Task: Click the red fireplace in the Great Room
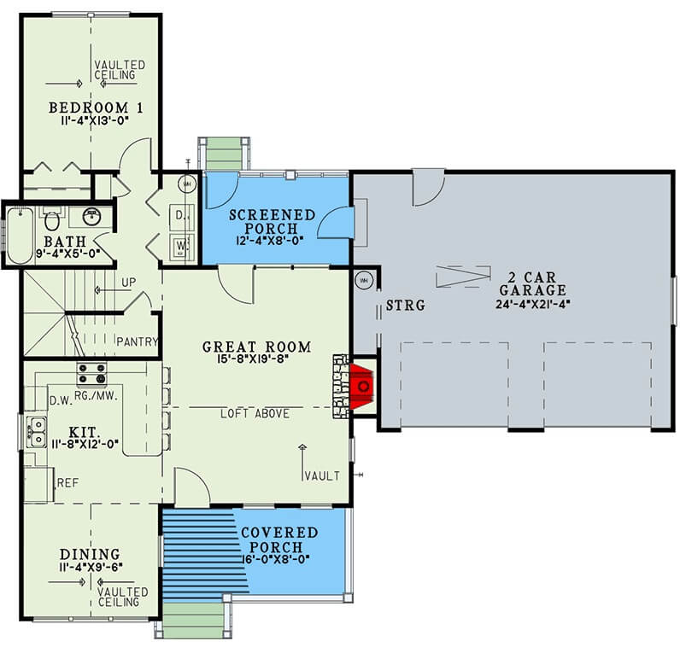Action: pyautogui.click(x=361, y=386)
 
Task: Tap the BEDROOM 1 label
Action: pyautogui.click(x=96, y=108)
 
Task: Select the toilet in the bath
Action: pyautogui.click(x=52, y=219)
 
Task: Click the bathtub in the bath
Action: pyautogui.click(x=20, y=236)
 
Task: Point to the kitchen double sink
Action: pyautogui.click(x=37, y=432)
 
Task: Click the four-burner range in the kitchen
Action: pyautogui.click(x=91, y=374)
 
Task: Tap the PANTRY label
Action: pyautogui.click(x=137, y=342)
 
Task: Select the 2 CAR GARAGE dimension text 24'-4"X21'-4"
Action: pyautogui.click(x=532, y=304)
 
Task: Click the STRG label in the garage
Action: pyautogui.click(x=406, y=306)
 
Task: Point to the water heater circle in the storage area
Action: pyautogui.click(x=364, y=281)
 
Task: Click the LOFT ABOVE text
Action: pyautogui.click(x=255, y=414)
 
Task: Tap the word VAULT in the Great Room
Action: pyautogui.click(x=322, y=476)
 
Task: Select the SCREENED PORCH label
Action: pyautogui.click(x=272, y=221)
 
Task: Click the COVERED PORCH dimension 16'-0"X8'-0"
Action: pyautogui.click(x=275, y=559)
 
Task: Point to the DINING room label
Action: pyautogui.click(x=90, y=554)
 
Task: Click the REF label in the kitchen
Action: pyautogui.click(x=68, y=483)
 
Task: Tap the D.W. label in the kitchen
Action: pyautogui.click(x=61, y=401)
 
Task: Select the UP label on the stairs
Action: pyautogui.click(x=128, y=283)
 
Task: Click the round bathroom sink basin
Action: pyautogui.click(x=91, y=217)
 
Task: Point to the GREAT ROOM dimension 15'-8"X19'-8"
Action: pyautogui.click(x=253, y=359)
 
